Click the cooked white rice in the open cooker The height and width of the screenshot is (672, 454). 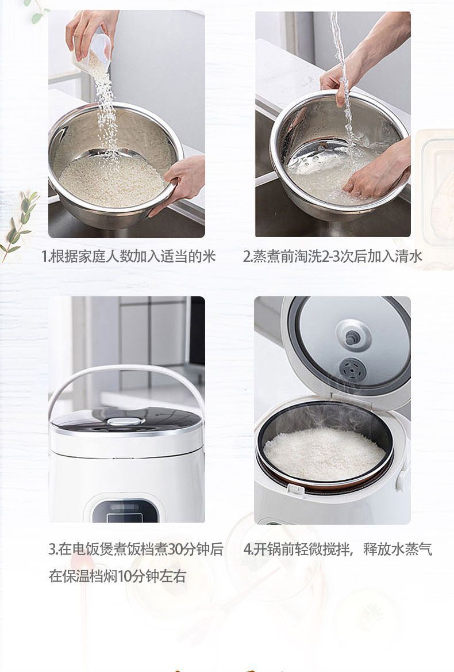point(324,453)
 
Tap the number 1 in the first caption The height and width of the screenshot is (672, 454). point(44,257)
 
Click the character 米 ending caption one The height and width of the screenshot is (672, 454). point(209,256)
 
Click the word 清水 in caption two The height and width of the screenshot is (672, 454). point(408,256)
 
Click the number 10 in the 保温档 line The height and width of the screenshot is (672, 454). point(125,576)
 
